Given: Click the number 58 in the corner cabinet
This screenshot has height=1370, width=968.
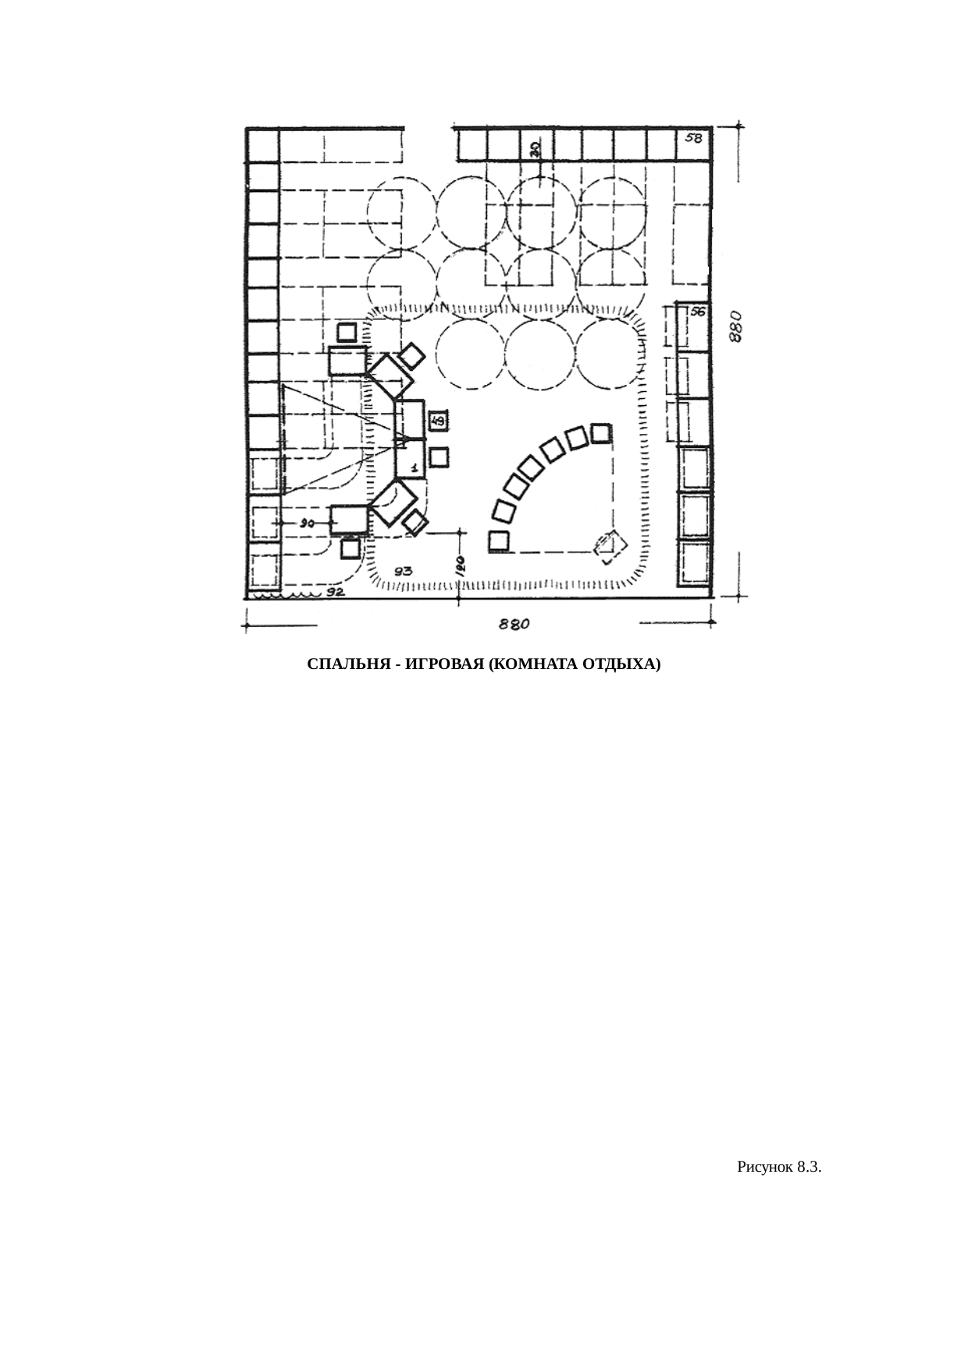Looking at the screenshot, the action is pos(693,138).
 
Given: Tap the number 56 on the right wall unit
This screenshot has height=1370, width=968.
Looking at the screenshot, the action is pos(697,311).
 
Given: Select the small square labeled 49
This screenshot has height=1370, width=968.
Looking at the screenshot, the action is pos(439,422).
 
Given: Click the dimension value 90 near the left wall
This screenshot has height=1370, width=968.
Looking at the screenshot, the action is pos(307,524).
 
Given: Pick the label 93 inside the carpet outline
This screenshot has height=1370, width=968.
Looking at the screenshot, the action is pos(404,571).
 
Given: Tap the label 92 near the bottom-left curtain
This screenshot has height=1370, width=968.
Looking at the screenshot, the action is pos(335,592).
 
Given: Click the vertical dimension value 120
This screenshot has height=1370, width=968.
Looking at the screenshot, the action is pos(461,565).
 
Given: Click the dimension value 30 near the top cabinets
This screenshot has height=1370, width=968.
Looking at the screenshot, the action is pos(536,148).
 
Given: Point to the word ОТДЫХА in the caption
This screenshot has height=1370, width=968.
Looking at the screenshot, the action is pos(624,665).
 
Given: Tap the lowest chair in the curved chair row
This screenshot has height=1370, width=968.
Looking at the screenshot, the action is pos(499,541).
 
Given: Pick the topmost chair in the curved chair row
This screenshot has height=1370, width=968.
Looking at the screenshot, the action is pos(600,433).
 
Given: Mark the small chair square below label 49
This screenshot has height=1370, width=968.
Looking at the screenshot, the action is pos(439,457).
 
